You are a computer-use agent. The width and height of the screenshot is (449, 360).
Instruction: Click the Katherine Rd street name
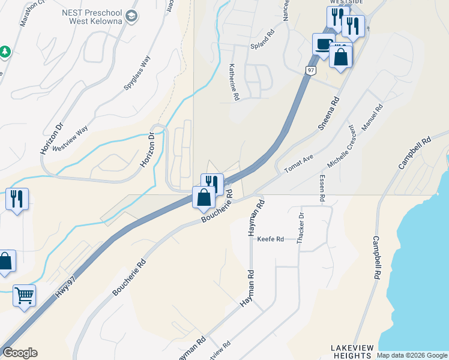point(234,83)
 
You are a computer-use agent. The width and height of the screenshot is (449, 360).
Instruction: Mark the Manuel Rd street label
point(372,116)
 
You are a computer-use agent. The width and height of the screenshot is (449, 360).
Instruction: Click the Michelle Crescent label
point(342,146)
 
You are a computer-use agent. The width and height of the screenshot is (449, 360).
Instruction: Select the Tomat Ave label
point(299,162)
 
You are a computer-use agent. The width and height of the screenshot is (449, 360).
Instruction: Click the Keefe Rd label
point(270,239)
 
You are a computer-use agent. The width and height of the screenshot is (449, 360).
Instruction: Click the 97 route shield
point(310,70)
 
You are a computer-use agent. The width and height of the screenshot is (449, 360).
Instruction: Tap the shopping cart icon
point(24,295)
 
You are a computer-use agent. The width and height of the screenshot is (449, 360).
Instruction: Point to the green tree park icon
point(5,52)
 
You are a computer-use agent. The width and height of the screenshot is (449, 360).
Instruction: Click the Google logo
point(20,353)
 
